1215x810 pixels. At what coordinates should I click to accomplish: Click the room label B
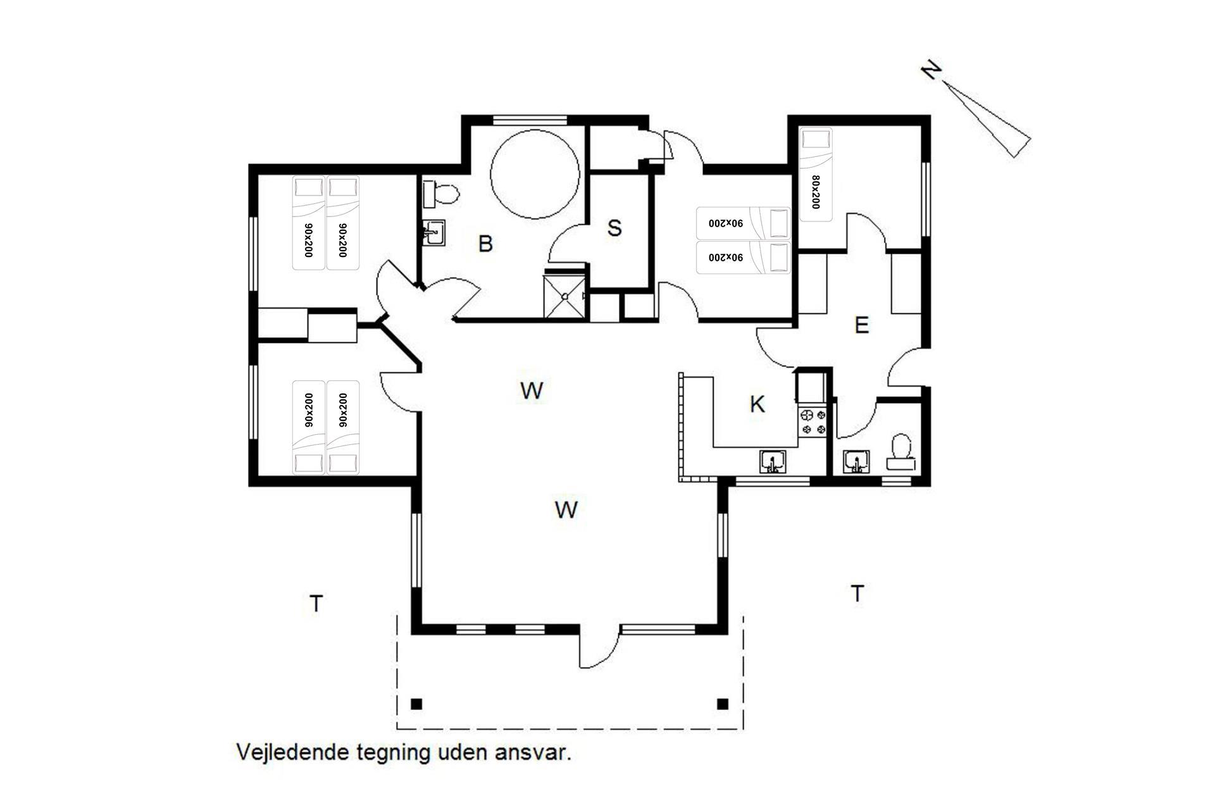tap(485, 244)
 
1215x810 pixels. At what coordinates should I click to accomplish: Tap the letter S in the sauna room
tap(614, 228)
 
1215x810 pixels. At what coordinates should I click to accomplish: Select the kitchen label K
tap(757, 404)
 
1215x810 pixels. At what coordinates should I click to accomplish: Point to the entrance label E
tap(861, 325)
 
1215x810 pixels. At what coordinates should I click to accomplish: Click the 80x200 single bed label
tap(815, 192)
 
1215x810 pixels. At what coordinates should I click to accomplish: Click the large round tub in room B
tap(535, 175)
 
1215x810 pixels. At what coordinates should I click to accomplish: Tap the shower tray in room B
tap(566, 296)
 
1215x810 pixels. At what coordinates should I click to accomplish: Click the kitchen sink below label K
tap(773, 461)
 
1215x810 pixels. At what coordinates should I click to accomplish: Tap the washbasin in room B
tap(434, 233)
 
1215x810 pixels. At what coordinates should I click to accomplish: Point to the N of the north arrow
tap(930, 70)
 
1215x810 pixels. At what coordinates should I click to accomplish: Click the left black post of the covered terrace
tap(416, 704)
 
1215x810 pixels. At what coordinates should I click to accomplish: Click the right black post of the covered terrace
tap(723, 704)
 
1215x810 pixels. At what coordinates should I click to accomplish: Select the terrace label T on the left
tap(316, 604)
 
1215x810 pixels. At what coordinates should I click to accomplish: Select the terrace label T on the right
tap(857, 594)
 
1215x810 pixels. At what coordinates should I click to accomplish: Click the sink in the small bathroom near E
tap(857, 462)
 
